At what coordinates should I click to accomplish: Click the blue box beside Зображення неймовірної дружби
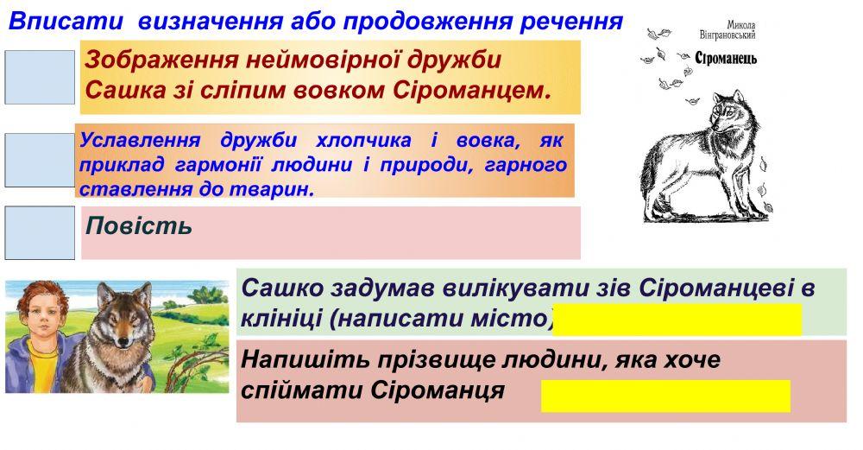click(40, 77)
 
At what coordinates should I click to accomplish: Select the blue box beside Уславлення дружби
click(40, 160)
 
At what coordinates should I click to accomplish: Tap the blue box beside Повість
click(40, 233)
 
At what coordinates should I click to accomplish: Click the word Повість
click(138, 227)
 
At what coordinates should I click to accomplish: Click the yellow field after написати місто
click(677, 320)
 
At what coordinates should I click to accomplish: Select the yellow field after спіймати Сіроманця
click(665, 396)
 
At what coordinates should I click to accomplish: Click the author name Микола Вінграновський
click(728, 30)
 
